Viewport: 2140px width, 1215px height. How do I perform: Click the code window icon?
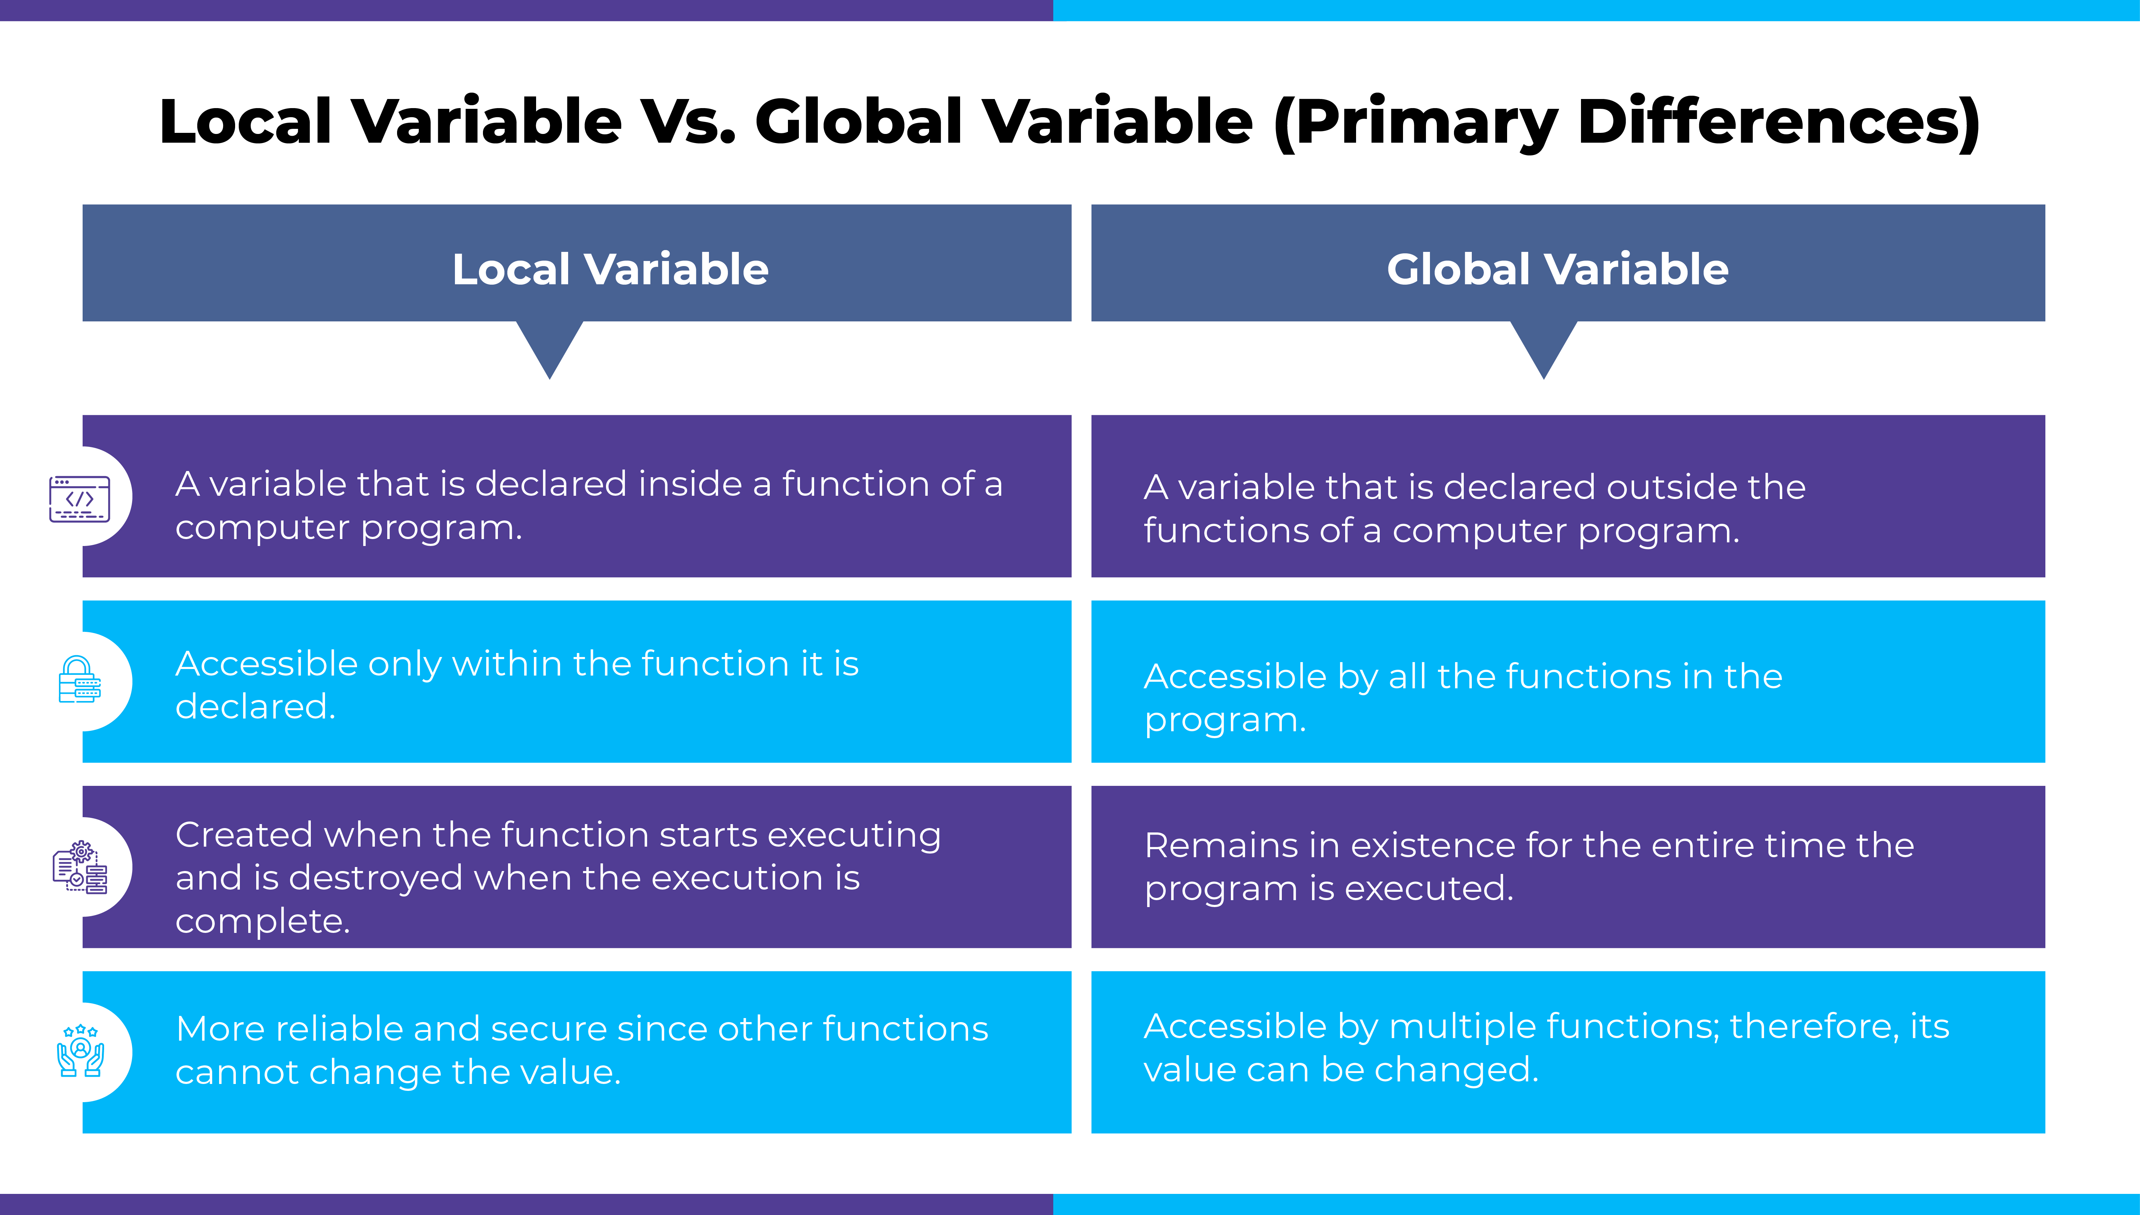(79, 498)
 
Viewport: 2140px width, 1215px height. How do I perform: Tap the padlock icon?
(79, 679)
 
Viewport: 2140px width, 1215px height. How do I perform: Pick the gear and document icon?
(80, 867)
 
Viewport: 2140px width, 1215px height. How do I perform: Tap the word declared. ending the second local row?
(255, 707)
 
